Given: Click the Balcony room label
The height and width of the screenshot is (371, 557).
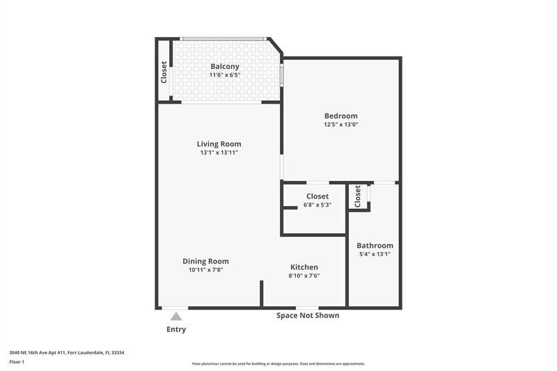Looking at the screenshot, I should (x=225, y=67).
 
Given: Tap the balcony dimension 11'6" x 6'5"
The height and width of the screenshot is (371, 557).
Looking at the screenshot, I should (x=225, y=74).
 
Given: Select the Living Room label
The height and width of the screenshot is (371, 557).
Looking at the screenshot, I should (x=219, y=144).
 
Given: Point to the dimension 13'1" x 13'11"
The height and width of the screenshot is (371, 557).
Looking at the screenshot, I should (x=219, y=152).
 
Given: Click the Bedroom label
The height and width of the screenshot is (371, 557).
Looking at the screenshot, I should (x=340, y=116).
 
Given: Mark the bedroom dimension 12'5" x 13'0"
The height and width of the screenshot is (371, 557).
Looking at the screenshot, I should (x=340, y=125).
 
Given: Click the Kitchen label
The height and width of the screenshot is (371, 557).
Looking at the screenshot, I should (x=304, y=267).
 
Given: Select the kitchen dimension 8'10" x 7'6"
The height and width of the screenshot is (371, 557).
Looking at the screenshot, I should (x=304, y=276).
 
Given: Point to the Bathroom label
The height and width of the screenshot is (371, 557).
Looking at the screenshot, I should (x=375, y=246).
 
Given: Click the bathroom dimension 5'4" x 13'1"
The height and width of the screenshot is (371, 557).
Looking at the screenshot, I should (x=375, y=254).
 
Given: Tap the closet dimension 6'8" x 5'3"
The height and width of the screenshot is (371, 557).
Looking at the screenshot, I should (x=317, y=205).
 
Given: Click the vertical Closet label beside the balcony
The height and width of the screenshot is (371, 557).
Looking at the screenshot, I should (x=164, y=72).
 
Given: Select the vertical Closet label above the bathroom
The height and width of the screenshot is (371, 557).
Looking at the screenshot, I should (x=358, y=196).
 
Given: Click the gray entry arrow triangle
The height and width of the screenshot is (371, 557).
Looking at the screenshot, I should (x=176, y=317).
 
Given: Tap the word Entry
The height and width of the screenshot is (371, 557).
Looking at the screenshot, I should (x=176, y=329).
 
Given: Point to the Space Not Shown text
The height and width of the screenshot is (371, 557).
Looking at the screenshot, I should (x=308, y=315).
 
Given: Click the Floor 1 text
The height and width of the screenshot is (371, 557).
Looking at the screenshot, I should (x=17, y=362).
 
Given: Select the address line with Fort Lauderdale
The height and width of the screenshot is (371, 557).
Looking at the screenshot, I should (x=67, y=352).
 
